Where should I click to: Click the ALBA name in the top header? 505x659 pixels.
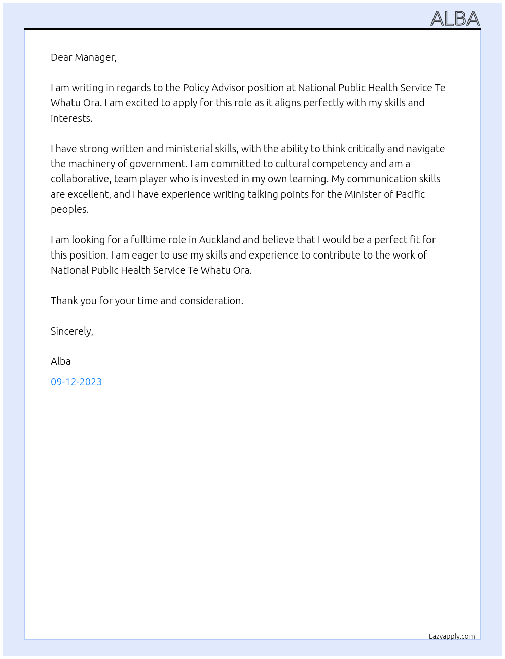(x=455, y=19)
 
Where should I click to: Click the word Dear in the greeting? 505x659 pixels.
(x=61, y=57)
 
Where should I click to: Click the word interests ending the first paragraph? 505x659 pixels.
(x=71, y=118)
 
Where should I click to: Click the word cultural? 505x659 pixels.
(x=292, y=164)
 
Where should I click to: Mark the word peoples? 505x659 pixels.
(x=69, y=209)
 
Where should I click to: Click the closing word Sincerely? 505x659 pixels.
(x=71, y=331)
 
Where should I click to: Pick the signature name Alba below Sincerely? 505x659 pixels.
(x=60, y=361)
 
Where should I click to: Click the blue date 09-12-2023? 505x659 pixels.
(x=76, y=382)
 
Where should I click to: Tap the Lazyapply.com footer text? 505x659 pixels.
(x=452, y=636)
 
